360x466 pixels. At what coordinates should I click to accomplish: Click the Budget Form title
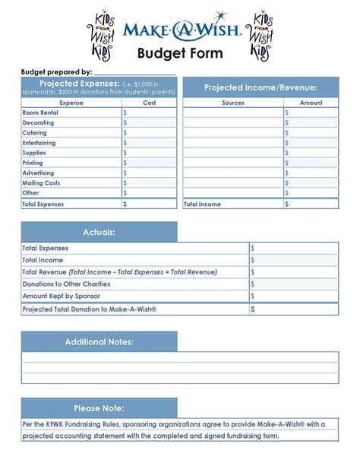(x=180, y=53)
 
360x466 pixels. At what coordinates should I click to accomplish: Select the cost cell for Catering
(x=149, y=133)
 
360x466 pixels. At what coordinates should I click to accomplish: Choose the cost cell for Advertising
(x=149, y=173)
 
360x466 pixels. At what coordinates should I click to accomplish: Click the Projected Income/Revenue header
(x=260, y=88)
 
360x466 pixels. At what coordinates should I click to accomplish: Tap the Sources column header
(x=233, y=103)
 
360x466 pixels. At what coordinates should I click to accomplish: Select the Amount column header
(x=311, y=103)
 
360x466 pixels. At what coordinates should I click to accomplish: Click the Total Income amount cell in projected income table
(x=311, y=204)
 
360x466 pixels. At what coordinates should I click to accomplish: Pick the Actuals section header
(x=99, y=232)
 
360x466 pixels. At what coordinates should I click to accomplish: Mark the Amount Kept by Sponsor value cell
(x=293, y=296)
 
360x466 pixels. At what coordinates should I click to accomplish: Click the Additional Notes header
(x=99, y=342)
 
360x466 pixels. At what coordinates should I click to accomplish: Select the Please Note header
(x=99, y=408)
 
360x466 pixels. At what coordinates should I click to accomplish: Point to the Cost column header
(x=149, y=103)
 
